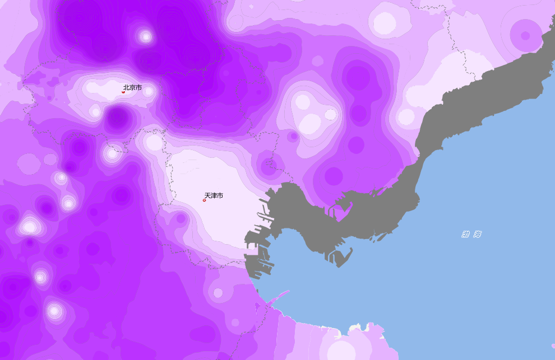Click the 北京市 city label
point(132,87)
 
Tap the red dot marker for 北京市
point(123,92)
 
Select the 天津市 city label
point(214,195)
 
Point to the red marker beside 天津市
point(204,200)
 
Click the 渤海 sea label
point(471,234)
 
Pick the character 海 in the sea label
point(477,234)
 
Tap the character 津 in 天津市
point(214,195)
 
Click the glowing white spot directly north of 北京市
point(146,37)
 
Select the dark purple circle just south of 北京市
point(117,118)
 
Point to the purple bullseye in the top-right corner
point(525,35)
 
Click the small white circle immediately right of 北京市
point(148,90)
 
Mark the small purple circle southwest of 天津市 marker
point(181,218)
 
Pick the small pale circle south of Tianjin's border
point(218,293)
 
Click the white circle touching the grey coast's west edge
point(406,117)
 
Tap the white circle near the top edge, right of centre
point(385,23)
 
